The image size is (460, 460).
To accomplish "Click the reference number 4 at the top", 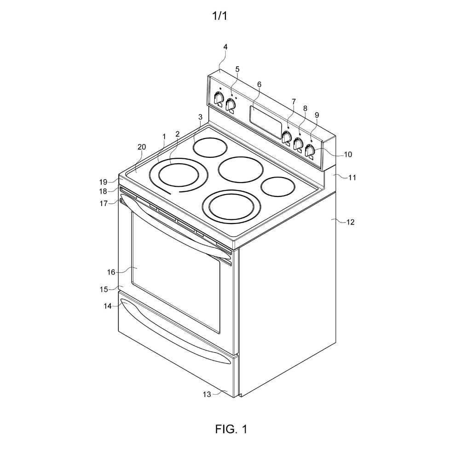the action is [225, 47].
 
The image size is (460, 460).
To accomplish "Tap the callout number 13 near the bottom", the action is [207, 394].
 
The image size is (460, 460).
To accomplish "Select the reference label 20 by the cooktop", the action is [142, 147].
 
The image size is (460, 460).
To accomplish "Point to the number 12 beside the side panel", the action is [351, 222].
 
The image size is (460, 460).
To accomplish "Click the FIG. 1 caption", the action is [231, 429].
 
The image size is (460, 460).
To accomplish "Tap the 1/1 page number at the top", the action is [220, 16].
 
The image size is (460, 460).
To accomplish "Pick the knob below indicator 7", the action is [287, 137].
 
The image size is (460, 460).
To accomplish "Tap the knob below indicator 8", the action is [299, 144].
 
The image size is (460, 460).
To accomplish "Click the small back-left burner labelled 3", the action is [210, 147].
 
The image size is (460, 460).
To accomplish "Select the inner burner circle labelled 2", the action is [178, 175].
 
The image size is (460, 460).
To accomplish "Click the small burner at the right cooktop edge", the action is [278, 187].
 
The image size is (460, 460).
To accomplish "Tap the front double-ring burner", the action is [232, 206].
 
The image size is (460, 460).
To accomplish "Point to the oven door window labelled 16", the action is [176, 272].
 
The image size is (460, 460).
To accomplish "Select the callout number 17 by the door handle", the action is [103, 203].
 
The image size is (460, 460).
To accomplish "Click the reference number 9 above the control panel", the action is [317, 115].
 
